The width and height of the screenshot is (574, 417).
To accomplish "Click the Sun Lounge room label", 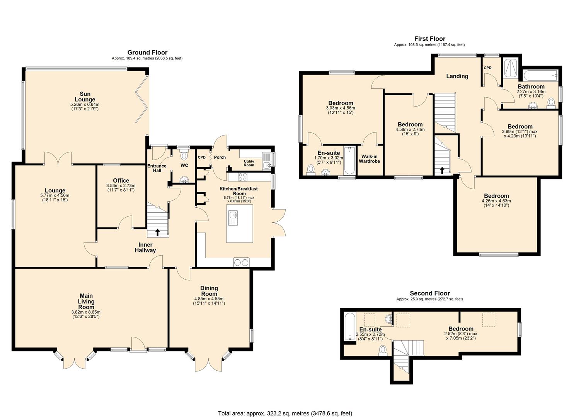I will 85,97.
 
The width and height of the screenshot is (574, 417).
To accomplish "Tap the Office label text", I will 121,181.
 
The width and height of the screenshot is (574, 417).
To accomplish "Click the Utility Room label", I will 249,163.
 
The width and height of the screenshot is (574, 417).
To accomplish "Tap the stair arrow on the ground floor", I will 157,232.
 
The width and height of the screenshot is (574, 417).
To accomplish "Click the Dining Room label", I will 209,291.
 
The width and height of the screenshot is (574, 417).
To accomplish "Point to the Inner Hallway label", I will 145,247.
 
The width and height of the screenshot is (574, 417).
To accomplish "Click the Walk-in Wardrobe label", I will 370,159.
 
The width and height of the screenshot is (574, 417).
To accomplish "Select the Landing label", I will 457,76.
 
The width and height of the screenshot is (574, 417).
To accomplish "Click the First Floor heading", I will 430,39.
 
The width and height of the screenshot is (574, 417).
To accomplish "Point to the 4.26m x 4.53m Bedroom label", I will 496,196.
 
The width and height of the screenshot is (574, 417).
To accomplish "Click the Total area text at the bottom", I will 285,413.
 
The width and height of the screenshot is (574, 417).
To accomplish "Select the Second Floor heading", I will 430,293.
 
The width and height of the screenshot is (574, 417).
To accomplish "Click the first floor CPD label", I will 488,68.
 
